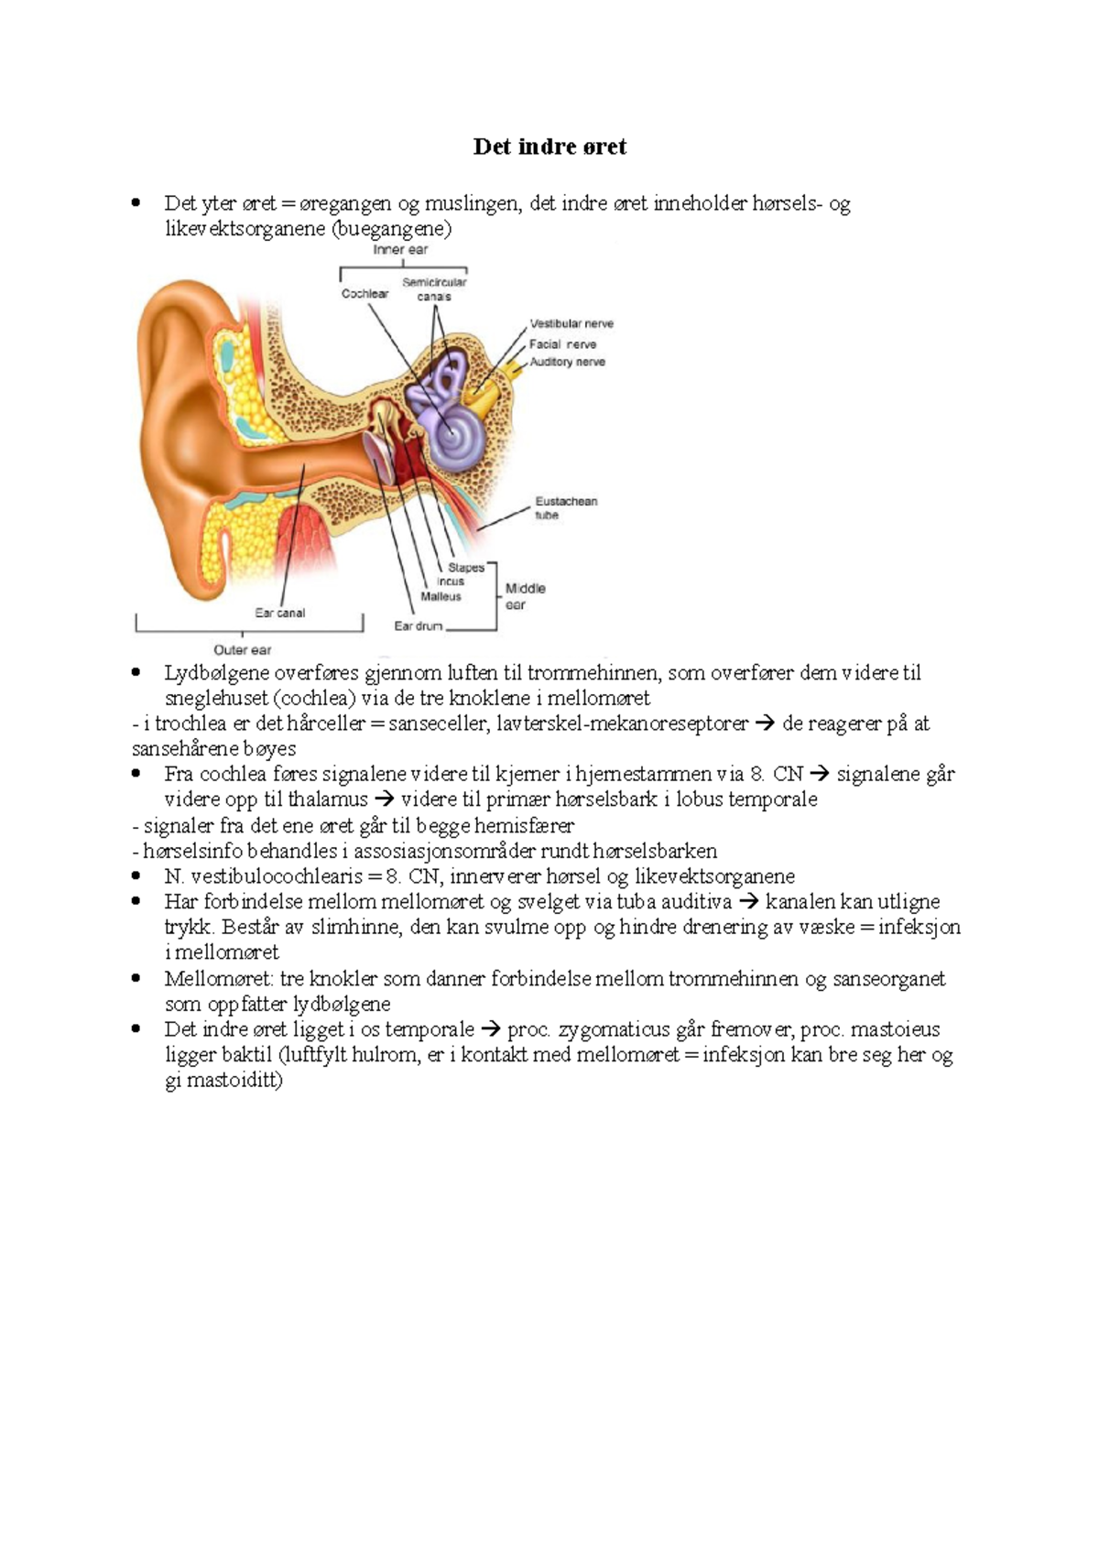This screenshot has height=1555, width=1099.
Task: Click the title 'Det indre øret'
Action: tap(549, 147)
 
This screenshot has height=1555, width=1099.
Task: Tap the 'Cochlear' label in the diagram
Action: tap(365, 294)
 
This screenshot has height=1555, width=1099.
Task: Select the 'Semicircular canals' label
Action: tap(435, 289)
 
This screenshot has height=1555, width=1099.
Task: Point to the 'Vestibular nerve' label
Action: tap(571, 323)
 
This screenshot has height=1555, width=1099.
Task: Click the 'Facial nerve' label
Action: tap(562, 343)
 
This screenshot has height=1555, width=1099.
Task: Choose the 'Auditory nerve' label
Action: tap(567, 362)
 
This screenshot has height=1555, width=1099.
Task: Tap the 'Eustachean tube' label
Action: tap(566, 508)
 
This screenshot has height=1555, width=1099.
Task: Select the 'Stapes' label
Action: tap(466, 567)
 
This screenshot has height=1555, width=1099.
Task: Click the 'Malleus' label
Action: tap(441, 596)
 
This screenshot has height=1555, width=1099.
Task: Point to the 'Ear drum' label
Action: tap(418, 626)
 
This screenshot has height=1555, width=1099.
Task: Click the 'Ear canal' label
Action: tap(279, 613)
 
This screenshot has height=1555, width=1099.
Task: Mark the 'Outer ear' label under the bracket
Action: tap(243, 650)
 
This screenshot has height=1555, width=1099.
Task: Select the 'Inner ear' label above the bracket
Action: tap(400, 250)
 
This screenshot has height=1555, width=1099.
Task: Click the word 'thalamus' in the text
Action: tap(328, 799)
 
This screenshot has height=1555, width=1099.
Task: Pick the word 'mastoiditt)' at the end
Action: tap(223, 1081)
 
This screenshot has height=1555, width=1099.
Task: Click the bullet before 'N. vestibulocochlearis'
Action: tap(136, 876)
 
